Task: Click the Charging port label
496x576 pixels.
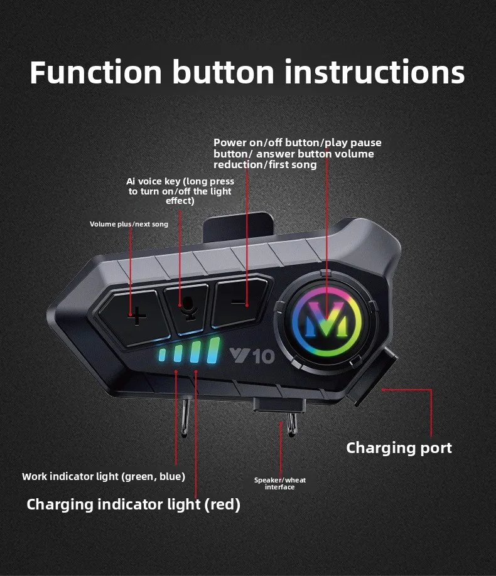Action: click(399, 448)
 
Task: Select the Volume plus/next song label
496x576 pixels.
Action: click(129, 224)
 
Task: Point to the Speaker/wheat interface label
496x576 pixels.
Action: click(279, 483)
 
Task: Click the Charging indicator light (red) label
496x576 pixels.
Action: click(133, 504)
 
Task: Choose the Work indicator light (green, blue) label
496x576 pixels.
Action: click(104, 476)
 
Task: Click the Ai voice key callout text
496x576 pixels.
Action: click(180, 191)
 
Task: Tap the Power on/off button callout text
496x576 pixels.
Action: click(297, 154)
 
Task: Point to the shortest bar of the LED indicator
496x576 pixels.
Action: click(163, 356)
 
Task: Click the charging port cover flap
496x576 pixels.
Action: click(372, 376)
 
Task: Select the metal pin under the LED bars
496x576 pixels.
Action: click(184, 415)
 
